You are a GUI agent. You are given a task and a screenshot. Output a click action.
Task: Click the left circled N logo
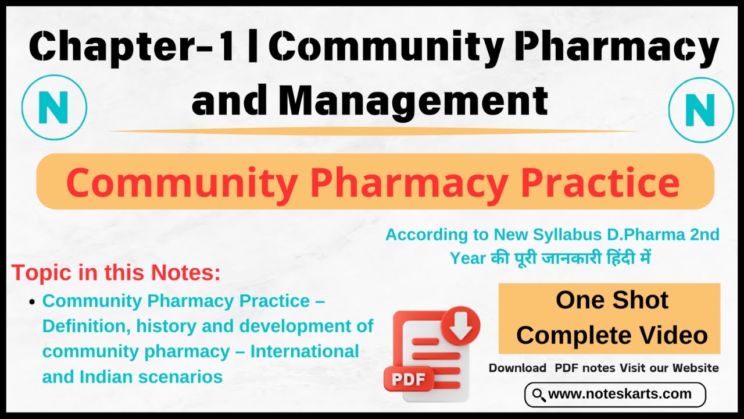(54, 107)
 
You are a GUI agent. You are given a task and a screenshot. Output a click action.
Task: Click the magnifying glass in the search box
(539, 395)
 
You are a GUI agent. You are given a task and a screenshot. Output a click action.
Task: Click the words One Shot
(611, 300)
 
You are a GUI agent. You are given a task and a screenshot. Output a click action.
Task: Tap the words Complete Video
(611, 335)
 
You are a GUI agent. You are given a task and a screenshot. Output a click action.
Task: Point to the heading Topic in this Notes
(116, 272)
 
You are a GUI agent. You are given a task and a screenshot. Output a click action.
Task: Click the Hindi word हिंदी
(618, 257)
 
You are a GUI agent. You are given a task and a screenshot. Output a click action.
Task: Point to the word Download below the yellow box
(517, 368)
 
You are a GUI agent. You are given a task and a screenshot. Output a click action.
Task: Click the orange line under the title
(372, 131)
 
